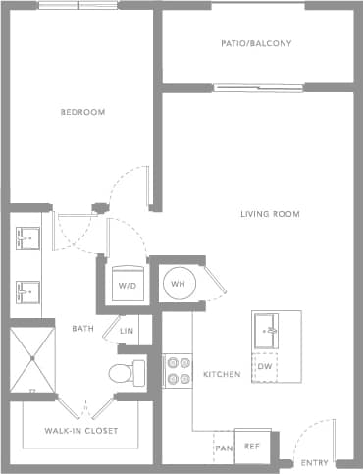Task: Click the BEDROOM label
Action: [x=82, y=112]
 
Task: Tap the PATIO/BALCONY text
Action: [x=257, y=44]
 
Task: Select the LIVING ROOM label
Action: [x=270, y=214]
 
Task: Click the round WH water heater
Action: [x=179, y=283]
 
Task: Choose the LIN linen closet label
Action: [x=127, y=331]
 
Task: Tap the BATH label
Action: [x=82, y=328]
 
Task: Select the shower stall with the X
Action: [x=32, y=359]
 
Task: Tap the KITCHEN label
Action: [x=217, y=375]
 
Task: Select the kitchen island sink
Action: [x=266, y=332]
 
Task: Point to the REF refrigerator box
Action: [x=252, y=446]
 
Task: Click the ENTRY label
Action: [x=315, y=462]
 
